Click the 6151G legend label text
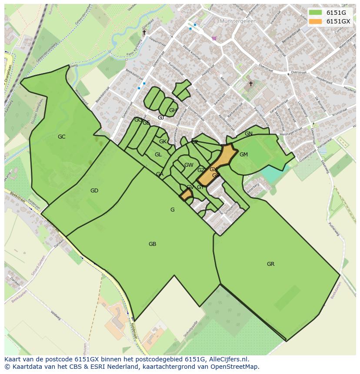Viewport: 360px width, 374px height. pos(336,13)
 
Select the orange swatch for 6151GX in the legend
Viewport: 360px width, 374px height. pos(316,21)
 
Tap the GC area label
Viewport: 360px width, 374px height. pos(61,137)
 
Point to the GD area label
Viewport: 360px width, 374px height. pos(94,191)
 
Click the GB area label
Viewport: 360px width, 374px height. pos(152,244)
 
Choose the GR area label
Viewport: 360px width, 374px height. pos(270,264)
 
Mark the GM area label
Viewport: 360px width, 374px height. pos(243,155)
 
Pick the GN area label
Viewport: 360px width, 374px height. pos(248,134)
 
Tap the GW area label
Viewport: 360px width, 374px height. pos(189,165)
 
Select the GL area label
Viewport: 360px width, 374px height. pos(158,155)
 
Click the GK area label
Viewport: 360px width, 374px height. pos(162,142)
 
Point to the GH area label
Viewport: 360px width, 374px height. pos(173,110)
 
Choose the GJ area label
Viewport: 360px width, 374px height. pos(160,118)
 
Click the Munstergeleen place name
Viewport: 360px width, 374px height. pos(238,21)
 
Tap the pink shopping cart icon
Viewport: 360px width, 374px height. pos(214,38)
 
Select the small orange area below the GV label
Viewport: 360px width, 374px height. pos(186,195)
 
